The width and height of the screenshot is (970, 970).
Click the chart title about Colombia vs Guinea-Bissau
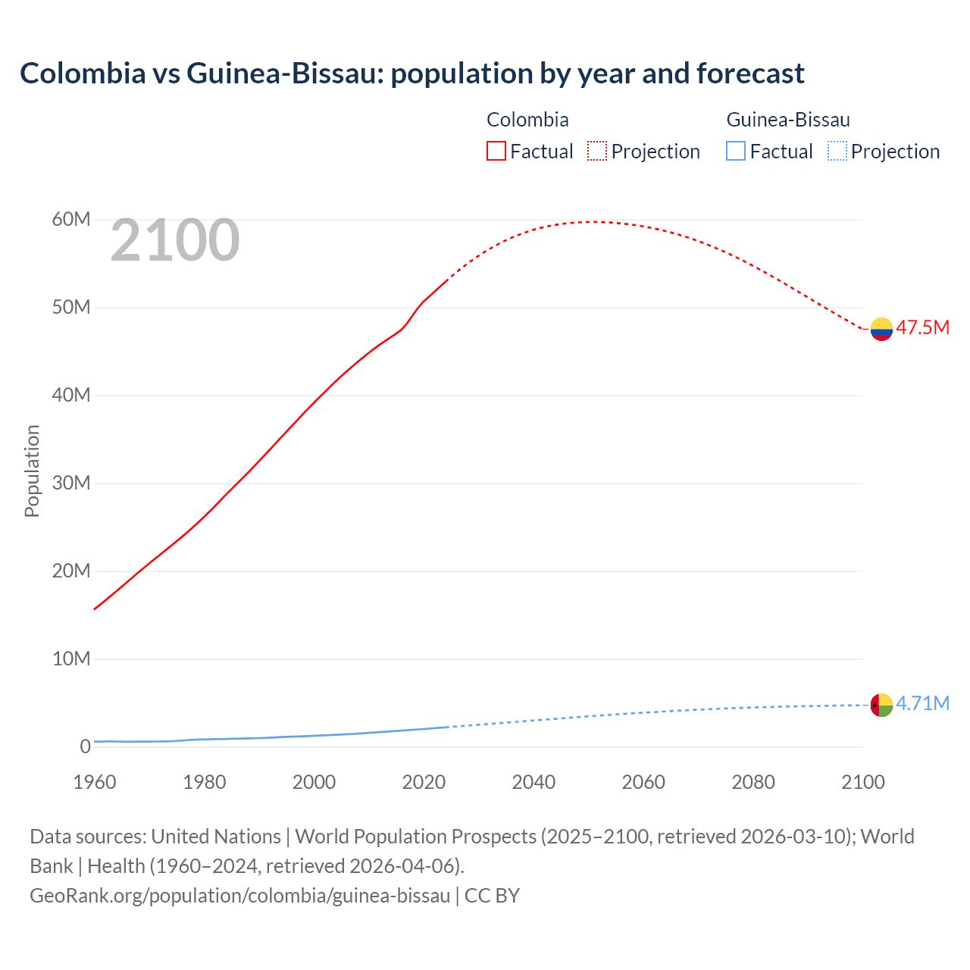coord(411,74)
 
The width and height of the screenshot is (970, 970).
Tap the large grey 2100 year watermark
coord(175,241)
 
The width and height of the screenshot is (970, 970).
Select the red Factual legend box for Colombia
coord(496,151)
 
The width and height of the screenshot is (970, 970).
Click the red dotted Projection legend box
coord(597,151)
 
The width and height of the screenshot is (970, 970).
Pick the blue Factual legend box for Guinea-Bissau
coord(735,151)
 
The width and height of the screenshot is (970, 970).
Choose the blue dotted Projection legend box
coord(837,151)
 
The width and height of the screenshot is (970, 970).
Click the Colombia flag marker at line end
coord(881,329)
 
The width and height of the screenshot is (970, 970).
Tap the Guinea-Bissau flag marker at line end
coord(881,705)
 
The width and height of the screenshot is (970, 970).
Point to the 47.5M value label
coord(922,327)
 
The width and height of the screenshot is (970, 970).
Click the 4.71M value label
coord(922,703)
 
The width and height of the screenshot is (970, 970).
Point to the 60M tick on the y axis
coord(71,220)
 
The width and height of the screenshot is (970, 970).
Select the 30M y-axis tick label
coord(71,483)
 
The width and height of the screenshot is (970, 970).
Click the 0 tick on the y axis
coord(85,747)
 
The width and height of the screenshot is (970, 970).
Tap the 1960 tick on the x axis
coord(95,782)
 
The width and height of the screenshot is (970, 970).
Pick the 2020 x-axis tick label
coord(424,782)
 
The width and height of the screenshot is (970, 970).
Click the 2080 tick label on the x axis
coord(753,782)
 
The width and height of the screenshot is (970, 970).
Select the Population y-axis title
coord(32,471)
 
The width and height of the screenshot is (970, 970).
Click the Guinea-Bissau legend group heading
coord(788,120)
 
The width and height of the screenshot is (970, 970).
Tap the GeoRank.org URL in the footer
coord(240,896)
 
